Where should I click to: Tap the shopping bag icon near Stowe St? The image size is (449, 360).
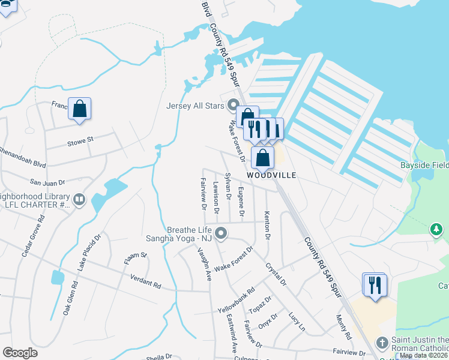pyautogui.click(x=79, y=109)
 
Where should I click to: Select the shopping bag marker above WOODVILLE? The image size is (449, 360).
pyautogui.click(x=263, y=158)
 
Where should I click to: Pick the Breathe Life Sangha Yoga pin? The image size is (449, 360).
pyautogui.click(x=221, y=233)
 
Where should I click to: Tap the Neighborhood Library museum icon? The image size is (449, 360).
pyautogui.click(x=79, y=199)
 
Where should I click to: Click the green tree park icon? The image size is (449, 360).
pyautogui.click(x=436, y=229)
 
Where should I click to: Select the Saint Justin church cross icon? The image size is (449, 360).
pyautogui.click(x=382, y=342)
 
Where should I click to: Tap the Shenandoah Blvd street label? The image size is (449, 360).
pyautogui.click(x=23, y=156)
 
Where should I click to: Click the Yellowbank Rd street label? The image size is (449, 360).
pyautogui.click(x=237, y=299)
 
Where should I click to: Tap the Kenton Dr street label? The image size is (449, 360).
pyautogui.click(x=267, y=223)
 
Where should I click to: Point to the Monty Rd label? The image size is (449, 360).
pyautogui.click(x=343, y=326)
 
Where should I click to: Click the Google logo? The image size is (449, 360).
pyautogui.click(x=20, y=353)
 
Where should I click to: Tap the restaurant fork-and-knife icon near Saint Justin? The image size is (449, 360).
pyautogui.click(x=376, y=284)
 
